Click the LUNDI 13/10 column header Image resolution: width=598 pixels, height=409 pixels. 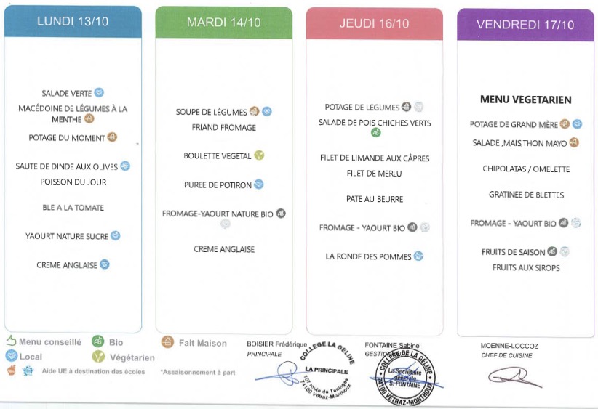pos(73,21)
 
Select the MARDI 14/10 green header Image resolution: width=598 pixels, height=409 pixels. pos(223,23)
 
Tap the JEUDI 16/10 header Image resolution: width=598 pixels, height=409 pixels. pos(374,24)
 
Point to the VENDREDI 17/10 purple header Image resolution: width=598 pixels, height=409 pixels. pos(525,25)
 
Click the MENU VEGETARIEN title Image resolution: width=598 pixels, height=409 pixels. pos(525,100)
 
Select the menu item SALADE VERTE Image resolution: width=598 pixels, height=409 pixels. pos(66,93)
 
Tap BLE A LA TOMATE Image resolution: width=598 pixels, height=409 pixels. pos(73,208)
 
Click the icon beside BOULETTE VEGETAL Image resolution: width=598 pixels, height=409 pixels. pos(259,155)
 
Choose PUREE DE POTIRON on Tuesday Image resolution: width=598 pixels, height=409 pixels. pos(218,185)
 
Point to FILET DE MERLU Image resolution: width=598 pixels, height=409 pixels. pos(375,174)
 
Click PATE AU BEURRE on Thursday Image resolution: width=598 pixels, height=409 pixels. pos(375,199)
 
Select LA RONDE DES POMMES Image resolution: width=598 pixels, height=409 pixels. pos(368,256)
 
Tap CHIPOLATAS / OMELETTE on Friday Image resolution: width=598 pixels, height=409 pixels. pos(526,169)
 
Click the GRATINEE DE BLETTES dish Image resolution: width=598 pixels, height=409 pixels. pos(526,195)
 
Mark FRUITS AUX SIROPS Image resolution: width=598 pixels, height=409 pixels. pos(526,268)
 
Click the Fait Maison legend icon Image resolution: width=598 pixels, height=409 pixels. pos(167,342)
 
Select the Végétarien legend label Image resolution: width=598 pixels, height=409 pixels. pos(132,357)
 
